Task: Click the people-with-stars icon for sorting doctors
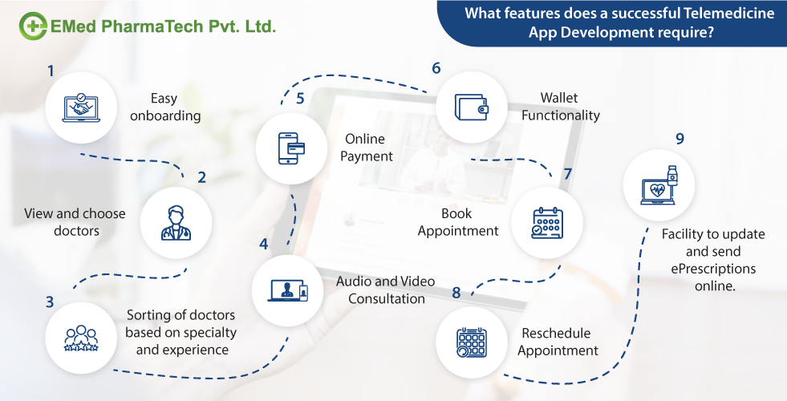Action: click(80, 338)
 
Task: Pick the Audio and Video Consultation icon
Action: click(288, 291)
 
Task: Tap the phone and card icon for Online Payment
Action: click(291, 148)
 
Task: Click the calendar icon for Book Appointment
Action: click(548, 222)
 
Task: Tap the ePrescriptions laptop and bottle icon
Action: click(659, 186)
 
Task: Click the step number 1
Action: click(51, 71)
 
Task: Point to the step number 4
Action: click(263, 243)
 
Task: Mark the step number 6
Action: click(436, 68)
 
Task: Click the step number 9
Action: click(679, 139)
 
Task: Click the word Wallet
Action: click(559, 98)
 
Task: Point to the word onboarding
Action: click(165, 115)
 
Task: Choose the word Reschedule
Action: click(556, 333)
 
